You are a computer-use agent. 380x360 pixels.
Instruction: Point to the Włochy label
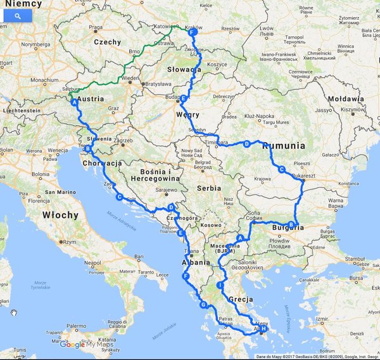click(x=61, y=215)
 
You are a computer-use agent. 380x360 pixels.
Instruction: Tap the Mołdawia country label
click(x=346, y=99)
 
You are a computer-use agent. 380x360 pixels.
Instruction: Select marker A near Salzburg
click(x=75, y=102)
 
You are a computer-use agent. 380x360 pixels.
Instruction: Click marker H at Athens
click(x=263, y=329)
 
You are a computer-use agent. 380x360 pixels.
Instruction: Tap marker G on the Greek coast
click(x=204, y=305)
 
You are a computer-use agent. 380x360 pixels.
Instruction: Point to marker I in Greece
click(x=220, y=286)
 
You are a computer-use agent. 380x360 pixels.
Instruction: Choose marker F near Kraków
click(x=191, y=34)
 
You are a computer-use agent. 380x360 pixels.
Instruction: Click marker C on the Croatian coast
click(x=119, y=197)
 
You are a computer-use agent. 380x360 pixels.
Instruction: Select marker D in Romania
click(x=246, y=145)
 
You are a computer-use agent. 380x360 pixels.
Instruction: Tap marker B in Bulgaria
click(x=291, y=224)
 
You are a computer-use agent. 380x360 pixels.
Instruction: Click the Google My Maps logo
click(x=85, y=344)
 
